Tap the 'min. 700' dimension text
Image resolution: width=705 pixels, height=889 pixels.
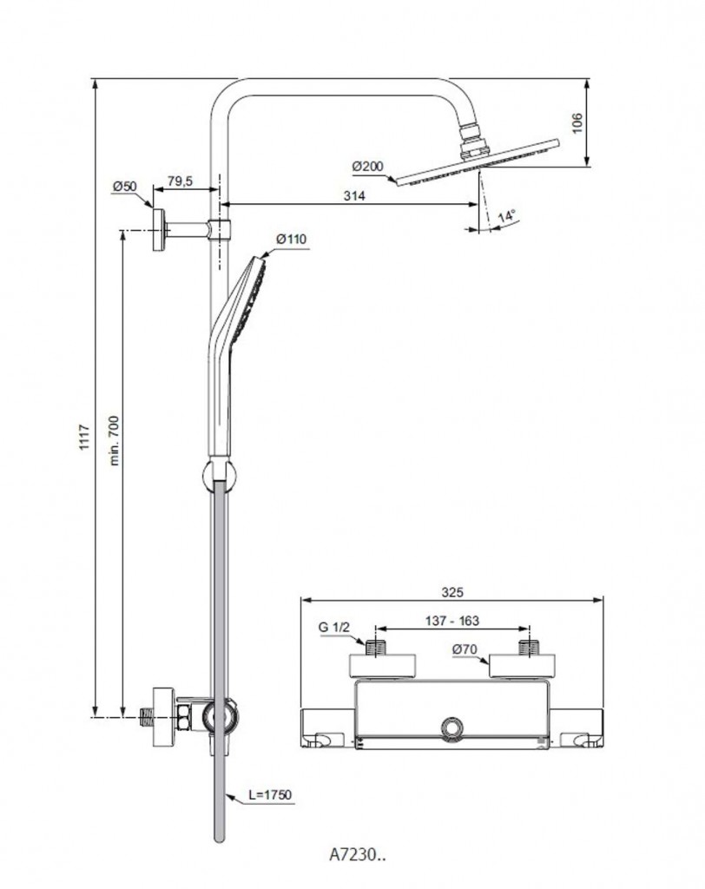(x=115, y=440)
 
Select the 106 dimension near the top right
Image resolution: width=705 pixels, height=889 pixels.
(x=577, y=122)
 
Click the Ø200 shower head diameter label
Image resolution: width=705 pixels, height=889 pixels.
(x=368, y=166)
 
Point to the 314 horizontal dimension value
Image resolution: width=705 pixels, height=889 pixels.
(x=352, y=195)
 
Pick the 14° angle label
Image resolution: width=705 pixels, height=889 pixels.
(x=506, y=215)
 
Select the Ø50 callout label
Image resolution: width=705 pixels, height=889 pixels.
(x=125, y=186)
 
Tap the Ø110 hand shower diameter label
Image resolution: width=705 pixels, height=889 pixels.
(x=292, y=239)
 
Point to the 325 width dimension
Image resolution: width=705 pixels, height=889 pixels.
(x=451, y=592)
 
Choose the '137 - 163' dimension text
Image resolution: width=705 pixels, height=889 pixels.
(x=451, y=621)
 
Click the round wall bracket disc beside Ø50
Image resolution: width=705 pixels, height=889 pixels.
(x=159, y=229)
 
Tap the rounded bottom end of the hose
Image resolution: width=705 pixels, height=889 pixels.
(x=219, y=835)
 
